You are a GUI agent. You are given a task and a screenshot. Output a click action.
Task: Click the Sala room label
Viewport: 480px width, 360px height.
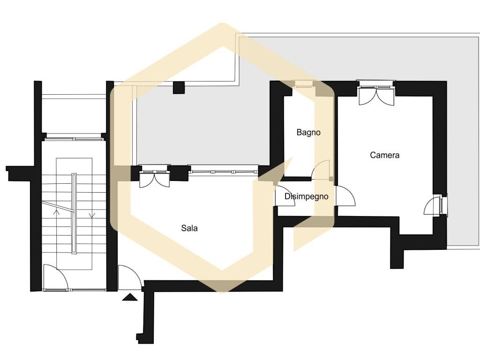(189, 228)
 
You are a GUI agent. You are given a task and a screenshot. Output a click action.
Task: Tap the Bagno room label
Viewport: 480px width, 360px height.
(308, 133)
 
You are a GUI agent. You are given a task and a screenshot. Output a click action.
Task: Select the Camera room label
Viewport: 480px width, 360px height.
(384, 155)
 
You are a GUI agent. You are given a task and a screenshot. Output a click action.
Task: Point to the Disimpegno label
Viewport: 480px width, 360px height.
(307, 196)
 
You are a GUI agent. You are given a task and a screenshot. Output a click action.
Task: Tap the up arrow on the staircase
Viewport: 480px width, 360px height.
(56, 212)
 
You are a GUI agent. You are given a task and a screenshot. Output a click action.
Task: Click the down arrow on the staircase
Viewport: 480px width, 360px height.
(92, 215)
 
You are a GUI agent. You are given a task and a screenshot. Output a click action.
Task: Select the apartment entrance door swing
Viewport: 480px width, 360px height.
(130, 277)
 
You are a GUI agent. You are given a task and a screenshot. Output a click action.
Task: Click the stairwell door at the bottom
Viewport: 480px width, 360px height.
(55, 277)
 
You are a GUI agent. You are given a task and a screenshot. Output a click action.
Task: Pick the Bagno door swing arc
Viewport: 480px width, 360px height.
(321, 169)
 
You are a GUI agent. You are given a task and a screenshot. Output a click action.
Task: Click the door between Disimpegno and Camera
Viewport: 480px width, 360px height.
(345, 196)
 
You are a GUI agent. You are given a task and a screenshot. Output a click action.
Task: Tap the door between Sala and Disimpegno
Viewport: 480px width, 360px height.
(285, 196)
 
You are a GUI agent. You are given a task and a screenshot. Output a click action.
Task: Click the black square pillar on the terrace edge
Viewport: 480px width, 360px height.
(179, 88)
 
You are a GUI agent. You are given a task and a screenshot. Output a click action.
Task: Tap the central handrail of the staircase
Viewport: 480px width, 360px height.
(74, 213)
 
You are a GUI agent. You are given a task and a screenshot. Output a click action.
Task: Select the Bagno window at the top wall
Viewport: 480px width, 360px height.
(304, 83)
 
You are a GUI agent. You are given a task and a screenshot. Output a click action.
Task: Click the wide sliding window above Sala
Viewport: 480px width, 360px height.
(224, 170)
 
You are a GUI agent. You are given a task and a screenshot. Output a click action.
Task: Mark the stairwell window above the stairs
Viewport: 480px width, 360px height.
(74, 136)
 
